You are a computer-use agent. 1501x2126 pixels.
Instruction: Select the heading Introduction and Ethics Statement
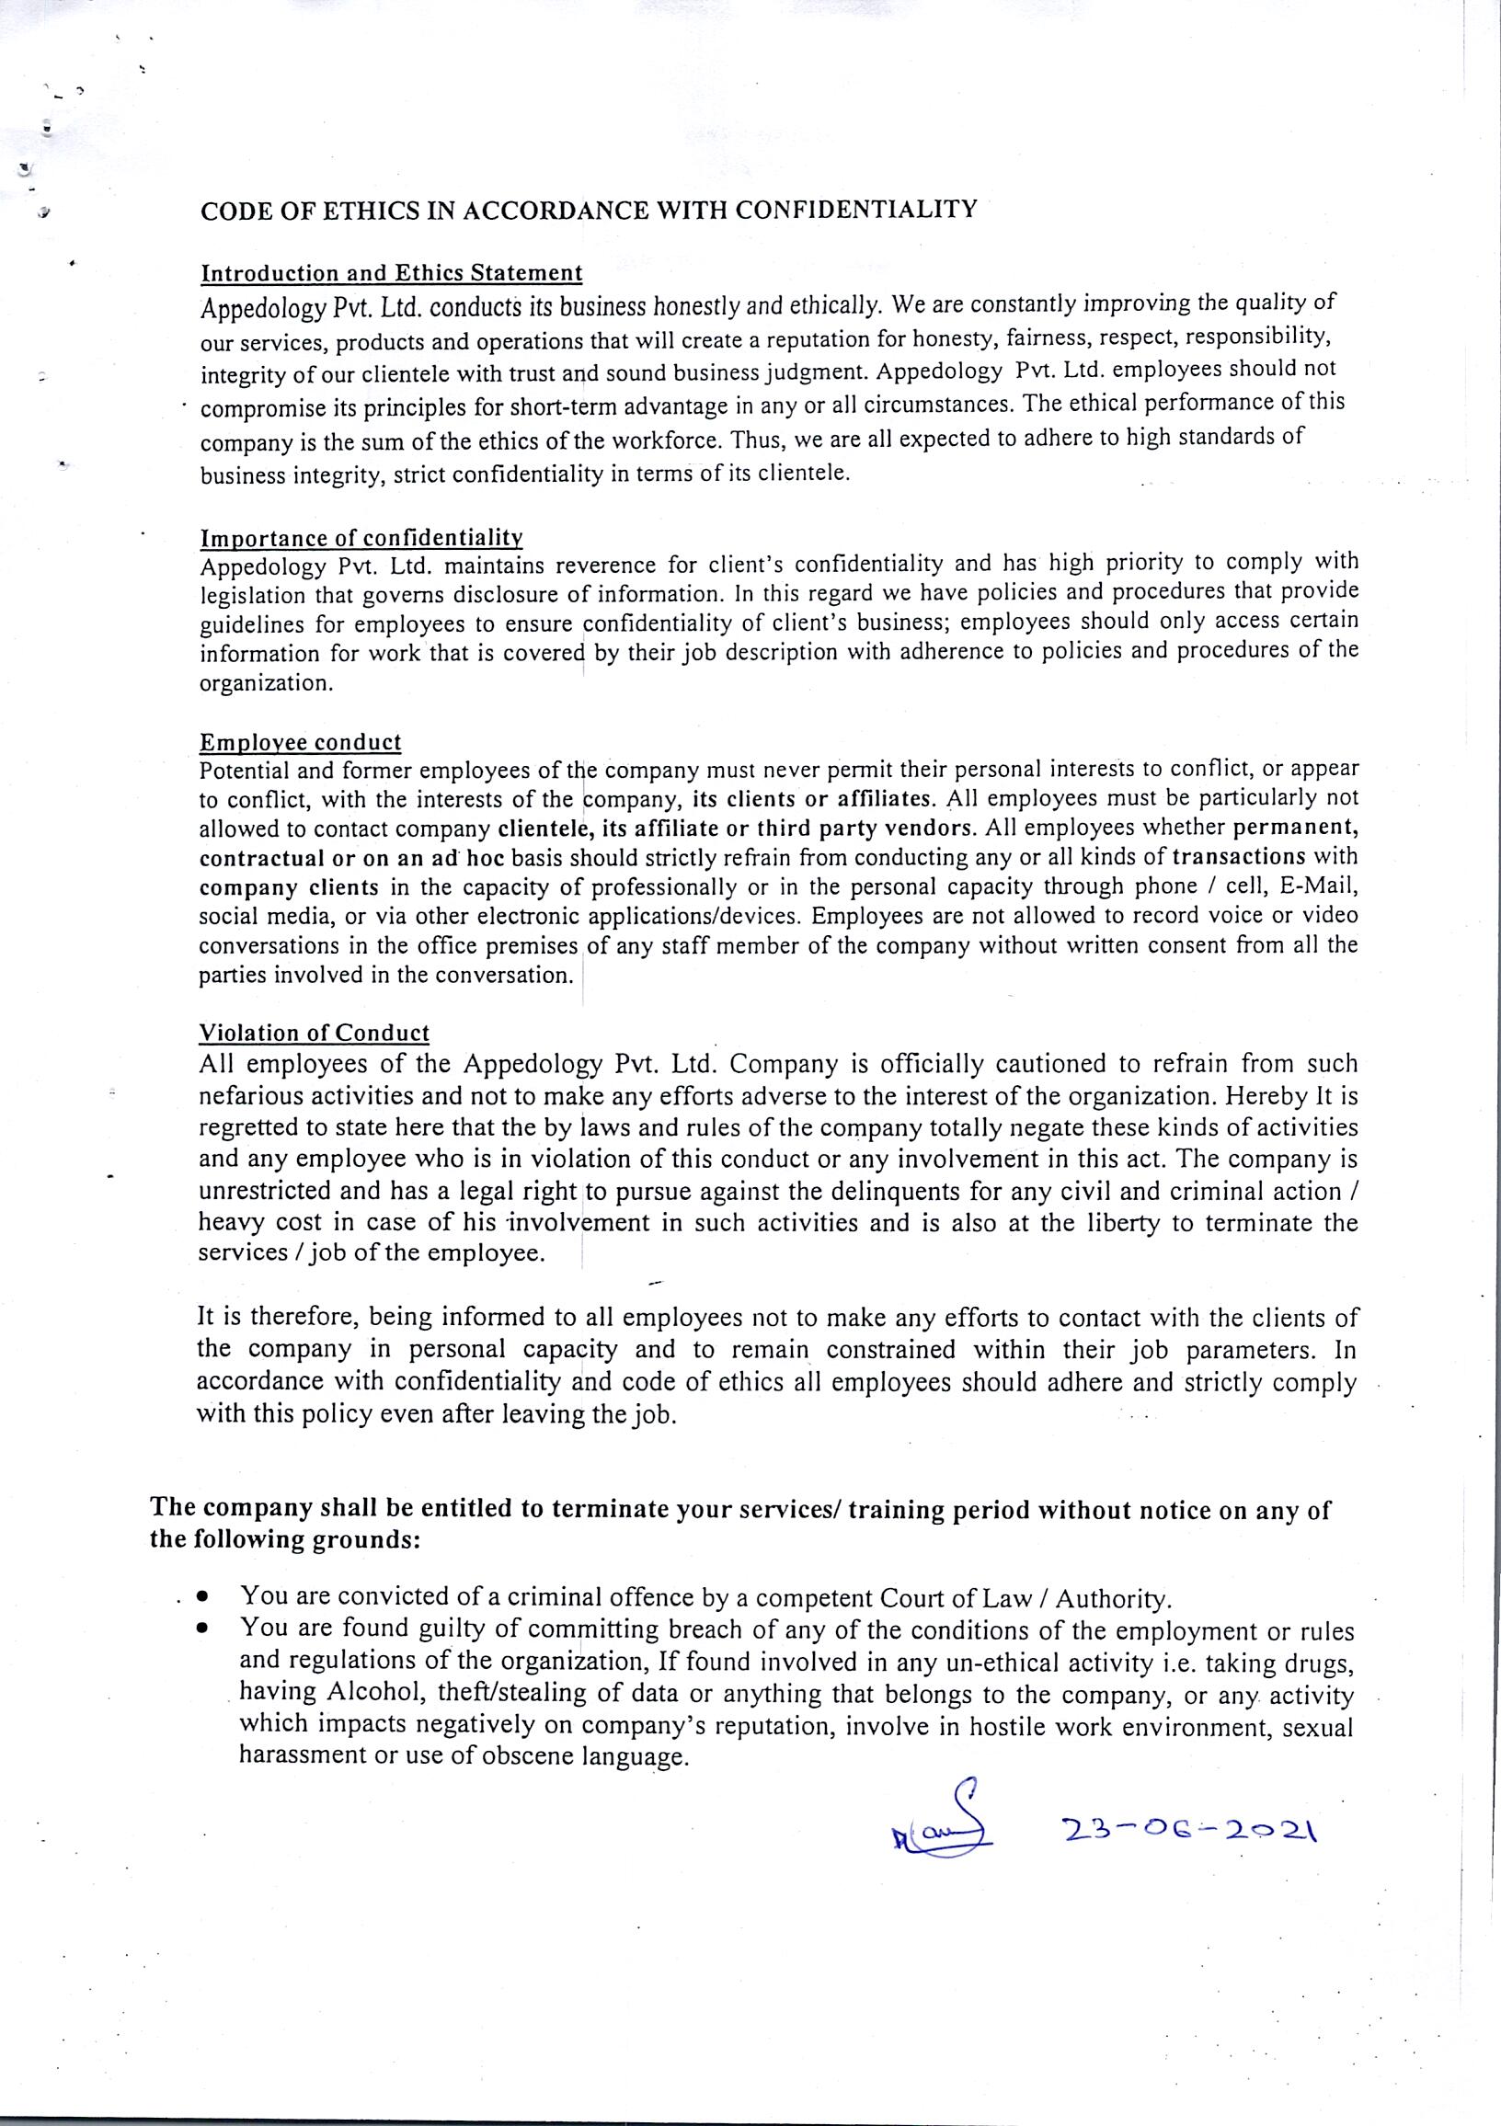click(x=392, y=273)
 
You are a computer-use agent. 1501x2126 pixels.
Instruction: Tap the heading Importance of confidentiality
click(x=362, y=538)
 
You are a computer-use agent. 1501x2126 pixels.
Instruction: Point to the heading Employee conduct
click(x=300, y=743)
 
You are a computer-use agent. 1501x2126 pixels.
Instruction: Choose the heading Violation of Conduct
click(x=314, y=1033)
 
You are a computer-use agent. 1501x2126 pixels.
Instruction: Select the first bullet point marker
click(x=201, y=1597)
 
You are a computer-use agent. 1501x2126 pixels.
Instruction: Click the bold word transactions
click(x=1244, y=855)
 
